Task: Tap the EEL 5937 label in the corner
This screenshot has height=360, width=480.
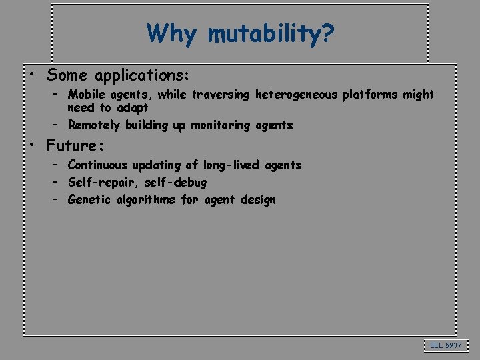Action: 445,345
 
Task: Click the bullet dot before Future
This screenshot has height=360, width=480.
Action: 33,143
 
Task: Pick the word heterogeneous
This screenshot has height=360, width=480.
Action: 296,95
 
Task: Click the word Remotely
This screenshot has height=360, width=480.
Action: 94,125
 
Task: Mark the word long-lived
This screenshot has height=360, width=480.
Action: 228,165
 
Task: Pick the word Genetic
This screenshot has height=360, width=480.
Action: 89,199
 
